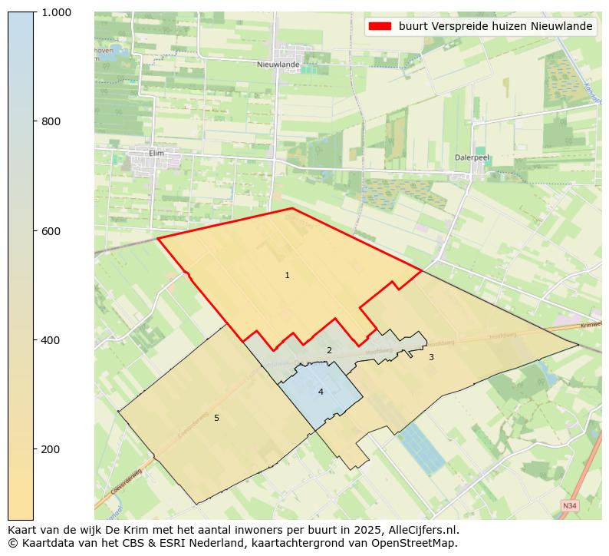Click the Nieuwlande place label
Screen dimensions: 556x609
pyautogui.click(x=278, y=65)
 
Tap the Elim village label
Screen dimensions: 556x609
pyautogui.click(x=156, y=153)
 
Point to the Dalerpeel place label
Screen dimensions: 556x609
pyautogui.click(x=472, y=157)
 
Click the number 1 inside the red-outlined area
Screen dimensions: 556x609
pyautogui.click(x=287, y=275)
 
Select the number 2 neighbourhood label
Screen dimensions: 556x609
pyautogui.click(x=329, y=350)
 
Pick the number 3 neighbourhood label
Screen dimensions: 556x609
pyautogui.click(x=431, y=357)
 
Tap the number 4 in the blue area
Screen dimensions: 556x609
pyautogui.click(x=321, y=392)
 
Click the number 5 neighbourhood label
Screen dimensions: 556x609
pyautogui.click(x=216, y=418)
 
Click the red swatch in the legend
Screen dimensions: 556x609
pyautogui.click(x=380, y=26)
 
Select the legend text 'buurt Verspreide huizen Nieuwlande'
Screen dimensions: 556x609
pyautogui.click(x=495, y=26)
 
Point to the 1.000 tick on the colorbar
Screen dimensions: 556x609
pyautogui.click(x=57, y=12)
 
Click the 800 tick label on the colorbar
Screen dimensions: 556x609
pyautogui.click(x=51, y=121)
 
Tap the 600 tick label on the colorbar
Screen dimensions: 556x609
pyautogui.click(x=51, y=230)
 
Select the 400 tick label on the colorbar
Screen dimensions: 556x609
pyautogui.click(x=51, y=339)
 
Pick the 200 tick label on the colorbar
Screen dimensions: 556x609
pyautogui.click(x=51, y=448)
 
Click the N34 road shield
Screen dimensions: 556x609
pyautogui.click(x=569, y=506)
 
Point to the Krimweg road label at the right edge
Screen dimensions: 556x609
pyautogui.click(x=591, y=325)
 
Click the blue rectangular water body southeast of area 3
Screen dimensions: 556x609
pyautogui.click(x=423, y=448)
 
